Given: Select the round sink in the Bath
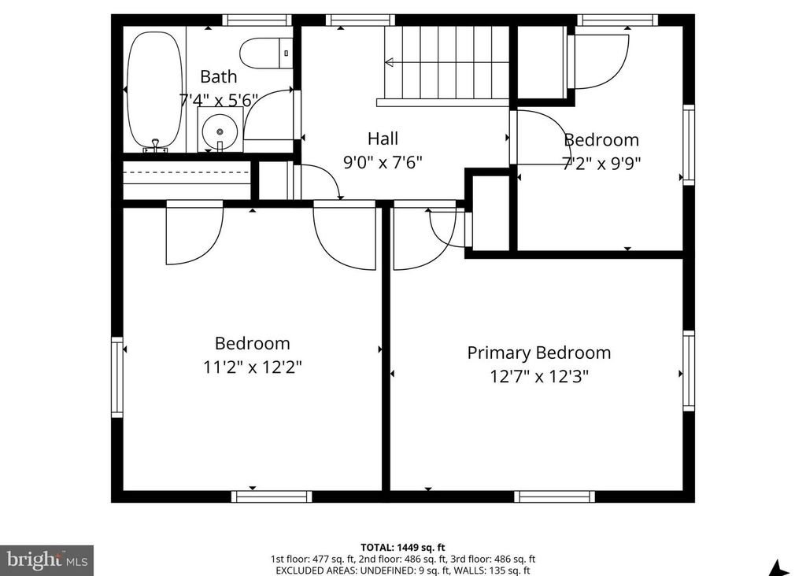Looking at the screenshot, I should tap(219, 131).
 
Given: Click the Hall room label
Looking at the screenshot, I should tap(383, 139).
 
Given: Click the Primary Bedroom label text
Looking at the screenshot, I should tap(538, 353).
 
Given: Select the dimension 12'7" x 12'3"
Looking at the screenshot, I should tap(539, 377).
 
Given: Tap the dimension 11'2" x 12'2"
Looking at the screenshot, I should tap(252, 367).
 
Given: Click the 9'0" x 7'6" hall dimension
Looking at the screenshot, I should tap(383, 163).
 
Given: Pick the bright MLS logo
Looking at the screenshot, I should tap(46, 560).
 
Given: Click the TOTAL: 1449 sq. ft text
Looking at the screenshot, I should tap(403, 547).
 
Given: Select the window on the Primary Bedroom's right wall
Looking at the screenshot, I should tap(689, 371).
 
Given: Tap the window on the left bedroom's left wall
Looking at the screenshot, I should tap(117, 376).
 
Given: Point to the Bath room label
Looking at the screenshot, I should tap(218, 76).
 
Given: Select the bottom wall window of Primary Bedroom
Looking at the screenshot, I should tap(554, 497).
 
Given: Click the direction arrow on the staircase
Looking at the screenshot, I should tap(391, 62).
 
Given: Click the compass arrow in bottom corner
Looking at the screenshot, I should tap(778, 567).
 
